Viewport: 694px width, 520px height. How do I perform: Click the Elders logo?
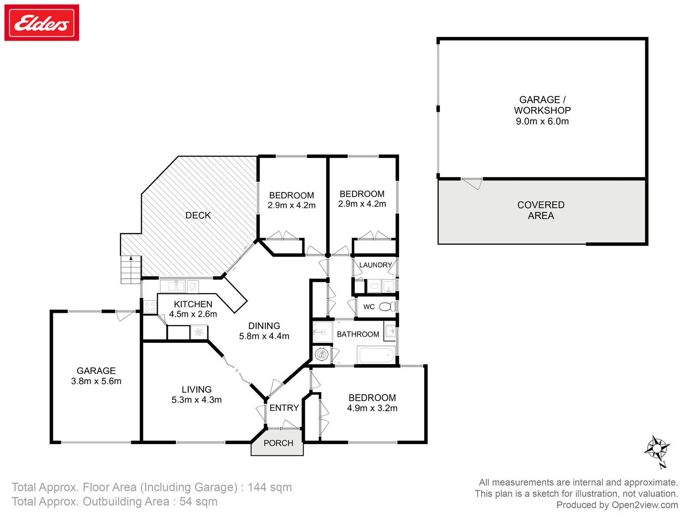[x=41, y=23]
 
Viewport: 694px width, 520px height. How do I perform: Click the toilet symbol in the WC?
[x=387, y=306]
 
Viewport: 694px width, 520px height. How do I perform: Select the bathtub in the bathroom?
[x=376, y=355]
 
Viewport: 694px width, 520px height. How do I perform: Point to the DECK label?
[x=198, y=215]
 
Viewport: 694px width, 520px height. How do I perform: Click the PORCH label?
[x=278, y=443]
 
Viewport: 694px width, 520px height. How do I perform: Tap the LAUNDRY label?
[x=376, y=265]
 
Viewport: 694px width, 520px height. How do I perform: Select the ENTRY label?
[x=284, y=408]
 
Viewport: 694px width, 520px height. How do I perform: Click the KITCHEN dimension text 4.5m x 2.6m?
[x=193, y=314]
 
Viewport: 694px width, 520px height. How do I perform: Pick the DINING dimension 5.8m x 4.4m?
[x=264, y=336]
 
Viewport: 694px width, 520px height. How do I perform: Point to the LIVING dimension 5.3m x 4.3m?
[x=196, y=400]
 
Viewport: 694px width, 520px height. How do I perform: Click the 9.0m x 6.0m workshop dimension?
[x=542, y=121]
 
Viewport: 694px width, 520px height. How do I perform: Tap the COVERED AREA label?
[x=541, y=210]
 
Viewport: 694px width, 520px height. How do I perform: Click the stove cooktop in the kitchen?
[x=150, y=306]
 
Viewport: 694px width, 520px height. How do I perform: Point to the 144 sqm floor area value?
[x=269, y=487]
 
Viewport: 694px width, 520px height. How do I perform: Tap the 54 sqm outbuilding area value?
[x=198, y=502]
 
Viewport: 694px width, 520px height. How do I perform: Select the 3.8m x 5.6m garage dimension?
[x=96, y=381]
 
